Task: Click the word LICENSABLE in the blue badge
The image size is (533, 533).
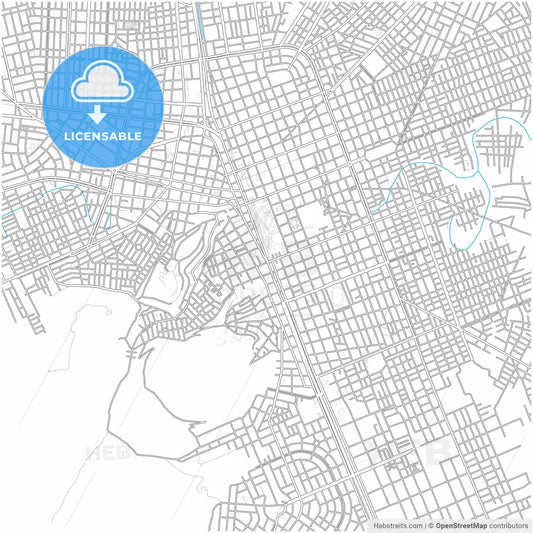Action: coord(102,135)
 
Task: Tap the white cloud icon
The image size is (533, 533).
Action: coord(103,83)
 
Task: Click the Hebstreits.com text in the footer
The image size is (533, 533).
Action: coord(399,525)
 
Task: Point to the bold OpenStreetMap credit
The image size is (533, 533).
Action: coord(461,525)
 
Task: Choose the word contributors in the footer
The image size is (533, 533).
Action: coord(508,525)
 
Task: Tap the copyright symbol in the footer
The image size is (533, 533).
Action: coord(431,525)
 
